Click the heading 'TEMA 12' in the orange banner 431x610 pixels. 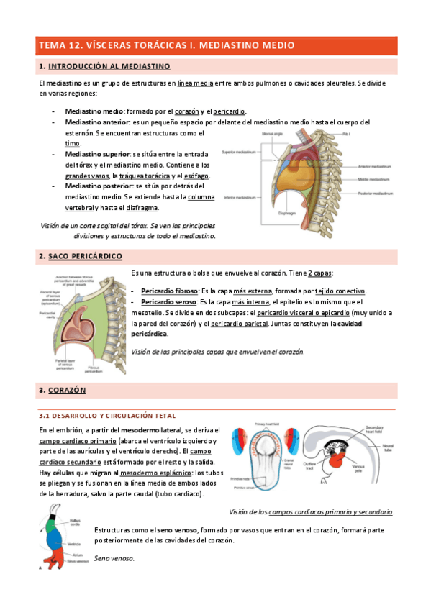coord(61,45)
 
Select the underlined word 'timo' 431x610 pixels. coord(73,144)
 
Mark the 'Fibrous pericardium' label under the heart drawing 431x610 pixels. coord(95,369)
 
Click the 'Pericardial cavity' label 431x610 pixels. coord(47,314)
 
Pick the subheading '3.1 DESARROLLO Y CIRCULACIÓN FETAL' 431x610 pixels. coord(107,416)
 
